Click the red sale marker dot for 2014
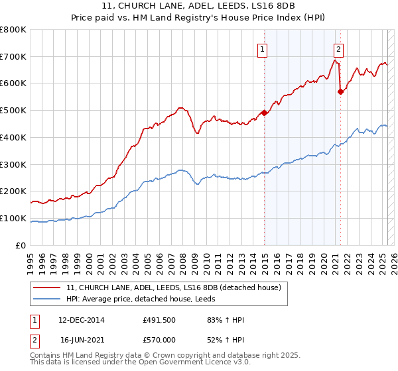point(264,113)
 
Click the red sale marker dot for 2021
point(340,92)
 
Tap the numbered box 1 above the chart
point(263,49)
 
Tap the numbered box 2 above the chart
point(338,49)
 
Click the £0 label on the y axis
point(21,245)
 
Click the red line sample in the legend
point(46,288)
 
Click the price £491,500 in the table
point(159,321)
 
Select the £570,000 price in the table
point(159,339)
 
